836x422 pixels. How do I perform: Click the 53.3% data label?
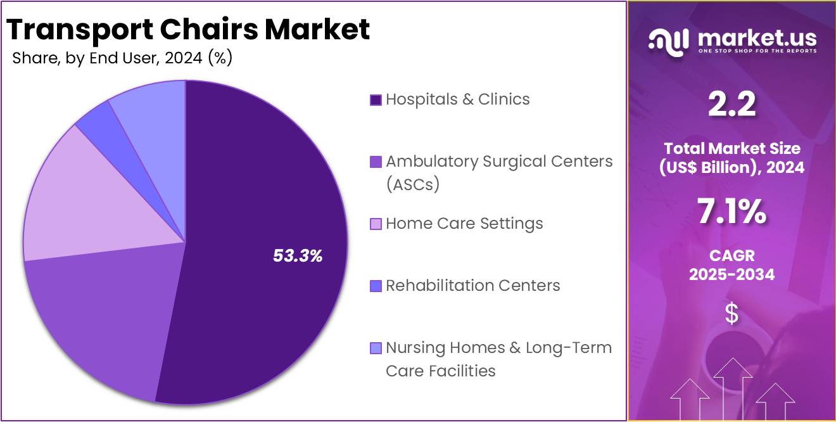pos(298,256)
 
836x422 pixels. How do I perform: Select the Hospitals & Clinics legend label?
pos(457,99)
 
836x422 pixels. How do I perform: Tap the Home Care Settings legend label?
pos(464,224)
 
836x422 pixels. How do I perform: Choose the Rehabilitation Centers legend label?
pos(472,286)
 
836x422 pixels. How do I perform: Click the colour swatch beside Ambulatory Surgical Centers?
pos(376,162)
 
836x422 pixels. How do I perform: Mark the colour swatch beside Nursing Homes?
pos(376,348)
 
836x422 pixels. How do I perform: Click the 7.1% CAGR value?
pos(732,212)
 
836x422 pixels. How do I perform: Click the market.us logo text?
pos(757,39)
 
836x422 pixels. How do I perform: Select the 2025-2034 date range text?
pos(732,274)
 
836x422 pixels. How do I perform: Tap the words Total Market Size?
pos(732,148)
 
